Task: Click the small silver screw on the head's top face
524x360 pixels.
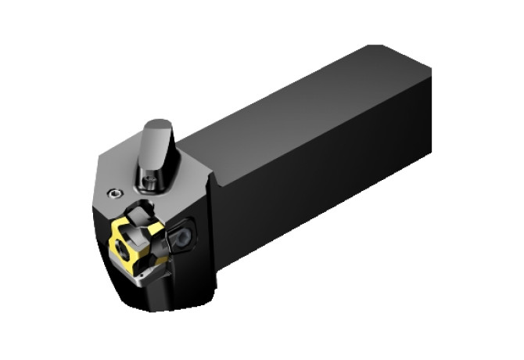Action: (116, 193)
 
